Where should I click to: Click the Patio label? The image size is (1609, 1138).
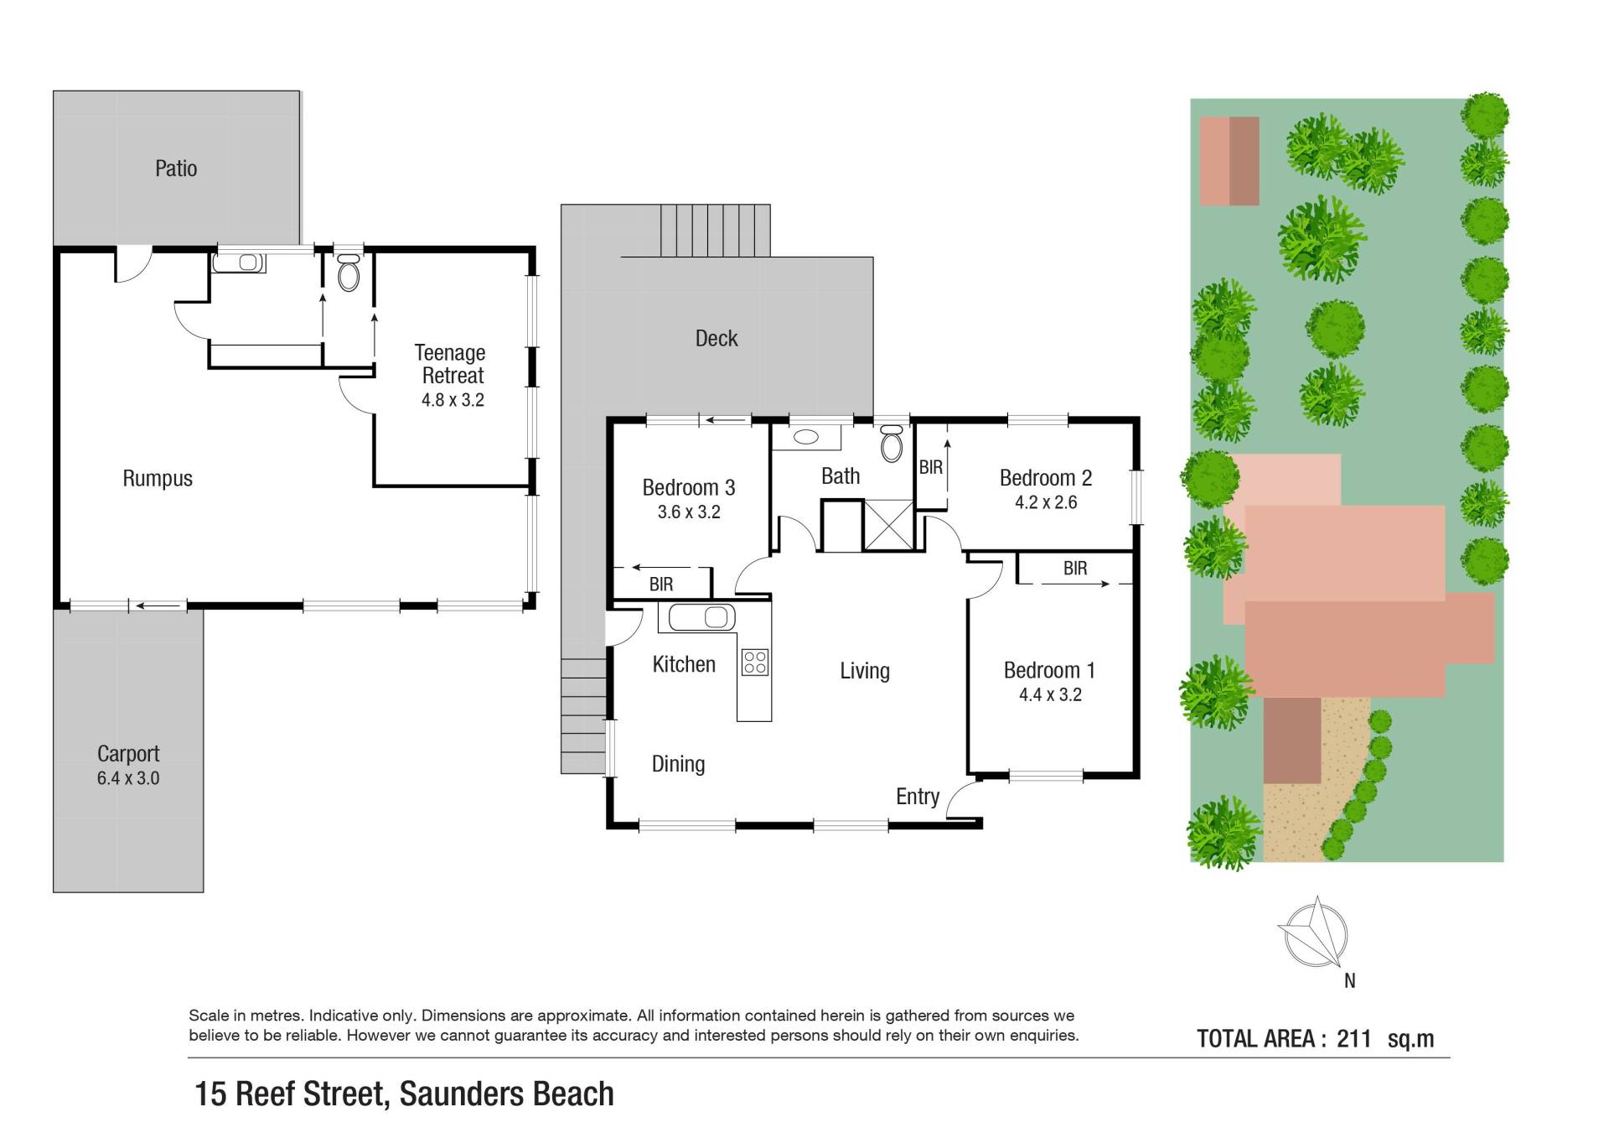click(x=176, y=169)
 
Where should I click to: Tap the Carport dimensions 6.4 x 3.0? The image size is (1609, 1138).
click(x=128, y=778)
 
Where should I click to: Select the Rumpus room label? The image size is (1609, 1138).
click(x=158, y=479)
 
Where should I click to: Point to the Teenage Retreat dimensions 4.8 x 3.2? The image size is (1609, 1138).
click(x=453, y=400)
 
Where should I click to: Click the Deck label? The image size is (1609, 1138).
click(x=717, y=339)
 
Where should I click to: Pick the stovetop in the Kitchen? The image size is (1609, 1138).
click(x=755, y=663)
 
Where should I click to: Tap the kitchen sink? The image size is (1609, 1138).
click(x=697, y=618)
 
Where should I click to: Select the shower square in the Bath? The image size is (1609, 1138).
click(x=888, y=525)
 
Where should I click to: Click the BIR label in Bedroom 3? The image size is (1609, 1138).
click(x=661, y=585)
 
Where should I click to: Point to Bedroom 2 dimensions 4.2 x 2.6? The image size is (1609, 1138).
click(x=1046, y=502)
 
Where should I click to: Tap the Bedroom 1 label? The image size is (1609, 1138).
click(x=1049, y=671)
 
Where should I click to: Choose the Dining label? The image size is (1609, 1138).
click(x=678, y=764)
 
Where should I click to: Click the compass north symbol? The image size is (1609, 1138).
click(x=1314, y=933)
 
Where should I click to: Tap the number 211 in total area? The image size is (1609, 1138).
click(x=1353, y=1039)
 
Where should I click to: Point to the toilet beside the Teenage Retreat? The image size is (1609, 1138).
click(x=348, y=272)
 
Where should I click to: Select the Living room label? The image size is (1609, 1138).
click(x=865, y=671)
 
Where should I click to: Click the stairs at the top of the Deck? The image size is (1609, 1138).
click(x=715, y=231)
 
